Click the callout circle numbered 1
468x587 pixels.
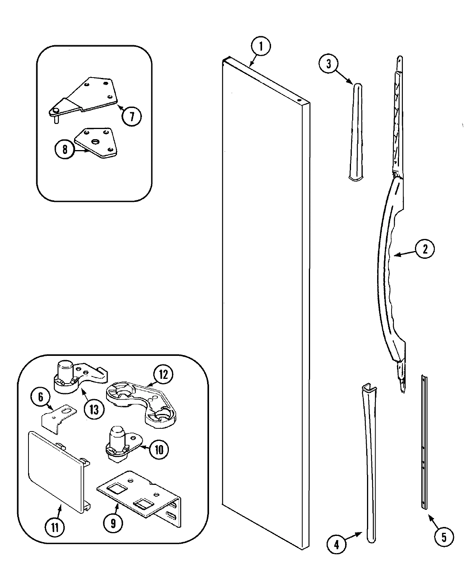[261, 46]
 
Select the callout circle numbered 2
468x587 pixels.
[424, 249]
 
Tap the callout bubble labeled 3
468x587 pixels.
[329, 64]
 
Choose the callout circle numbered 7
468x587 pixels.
[131, 116]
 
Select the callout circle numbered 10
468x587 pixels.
[159, 449]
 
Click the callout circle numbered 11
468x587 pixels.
[55, 528]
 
